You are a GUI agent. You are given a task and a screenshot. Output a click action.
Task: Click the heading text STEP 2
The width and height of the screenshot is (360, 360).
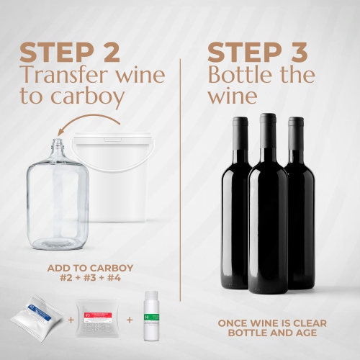coord(72,52)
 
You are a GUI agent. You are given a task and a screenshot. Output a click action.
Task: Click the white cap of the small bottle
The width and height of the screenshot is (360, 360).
coord(150,296)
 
